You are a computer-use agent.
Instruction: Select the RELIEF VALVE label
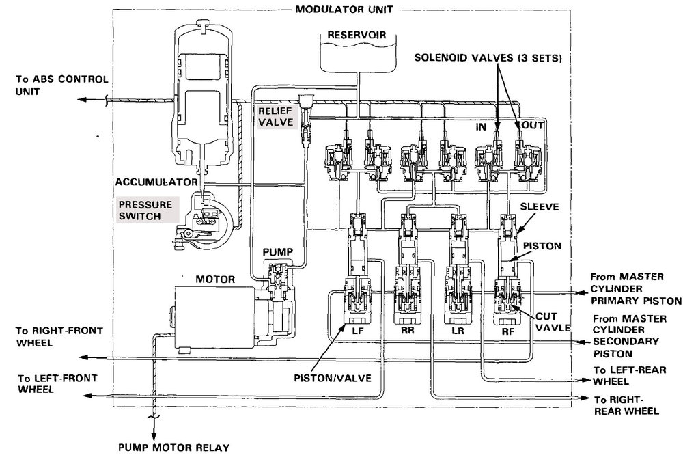point(276,116)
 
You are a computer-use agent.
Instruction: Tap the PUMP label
point(277,252)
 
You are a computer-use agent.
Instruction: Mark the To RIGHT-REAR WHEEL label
point(626,405)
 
